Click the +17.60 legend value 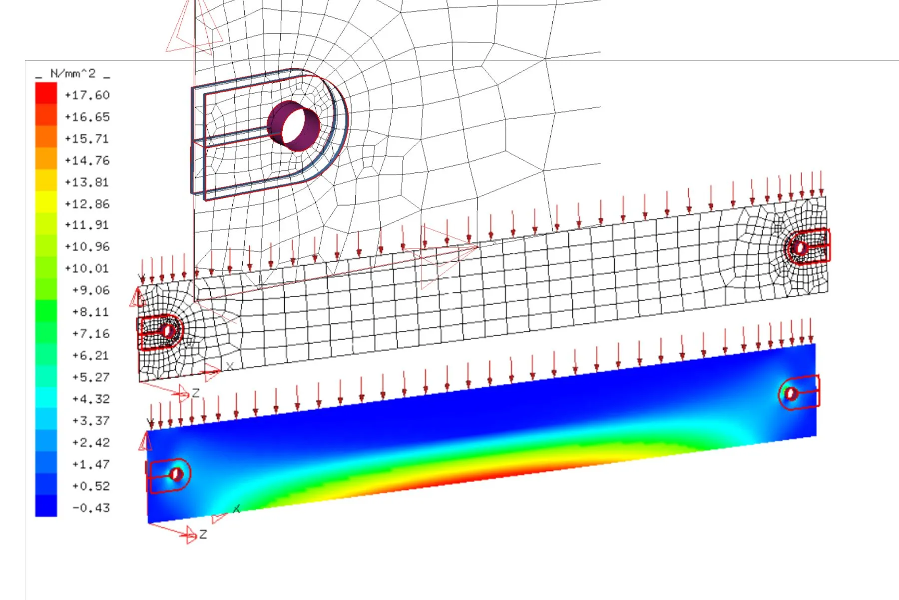87,95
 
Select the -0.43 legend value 91,508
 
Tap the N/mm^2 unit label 73,73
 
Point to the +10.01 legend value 87,268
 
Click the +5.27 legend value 91,377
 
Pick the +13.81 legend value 87,182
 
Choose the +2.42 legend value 91,442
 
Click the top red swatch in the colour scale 46,93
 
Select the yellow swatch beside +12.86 46,202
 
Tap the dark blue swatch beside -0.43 46,505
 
